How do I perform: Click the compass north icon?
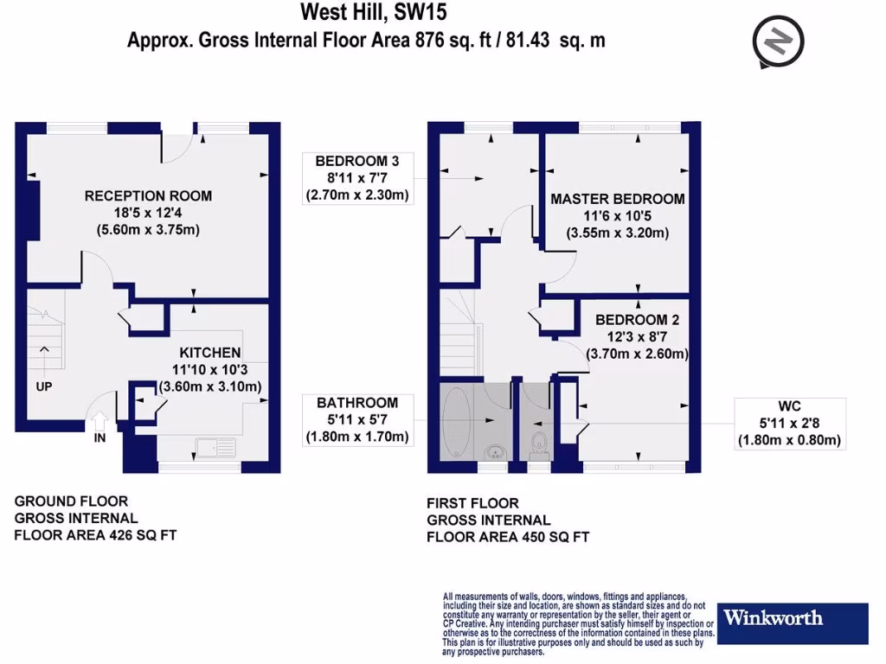pyautogui.click(x=779, y=41)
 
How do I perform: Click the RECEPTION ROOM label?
pyautogui.click(x=148, y=195)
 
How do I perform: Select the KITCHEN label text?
pyautogui.click(x=209, y=353)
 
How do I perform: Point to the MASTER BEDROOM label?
pyautogui.click(x=617, y=199)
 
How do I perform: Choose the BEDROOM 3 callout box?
pyautogui.click(x=356, y=178)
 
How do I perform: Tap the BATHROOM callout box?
pyautogui.click(x=356, y=420)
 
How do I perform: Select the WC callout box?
pyautogui.click(x=788, y=422)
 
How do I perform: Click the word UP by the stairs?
pyautogui.click(x=44, y=386)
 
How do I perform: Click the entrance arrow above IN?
pyautogui.click(x=100, y=421)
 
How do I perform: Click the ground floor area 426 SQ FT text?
pyautogui.click(x=95, y=535)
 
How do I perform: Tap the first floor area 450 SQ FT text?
pyautogui.click(x=508, y=537)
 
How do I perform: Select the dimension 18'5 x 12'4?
pyautogui.click(x=148, y=213)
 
